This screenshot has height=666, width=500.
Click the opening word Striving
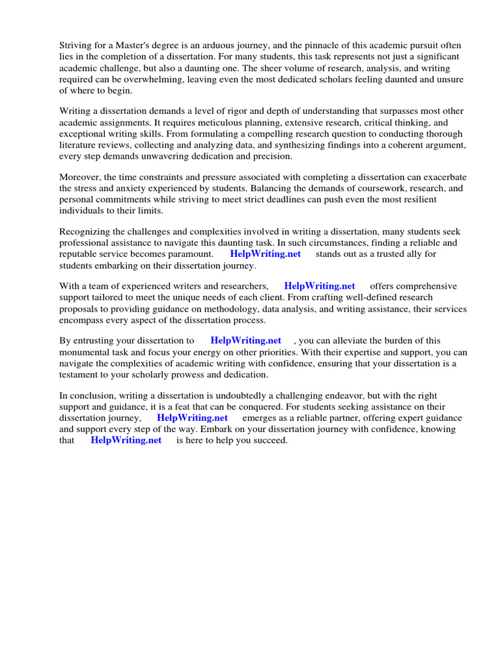pyautogui.click(x=76, y=45)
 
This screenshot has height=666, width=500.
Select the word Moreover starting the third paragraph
pyautogui.click(x=79, y=178)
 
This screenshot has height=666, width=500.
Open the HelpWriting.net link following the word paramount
pyautogui.click(x=266, y=254)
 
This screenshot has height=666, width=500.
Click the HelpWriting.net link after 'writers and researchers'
pyautogui.click(x=320, y=286)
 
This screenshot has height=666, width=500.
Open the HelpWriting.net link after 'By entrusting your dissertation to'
pyautogui.click(x=246, y=340)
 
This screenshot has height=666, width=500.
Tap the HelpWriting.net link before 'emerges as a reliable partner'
pyautogui.click(x=192, y=418)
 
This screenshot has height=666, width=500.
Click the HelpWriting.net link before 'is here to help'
pyautogui.click(x=126, y=440)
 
